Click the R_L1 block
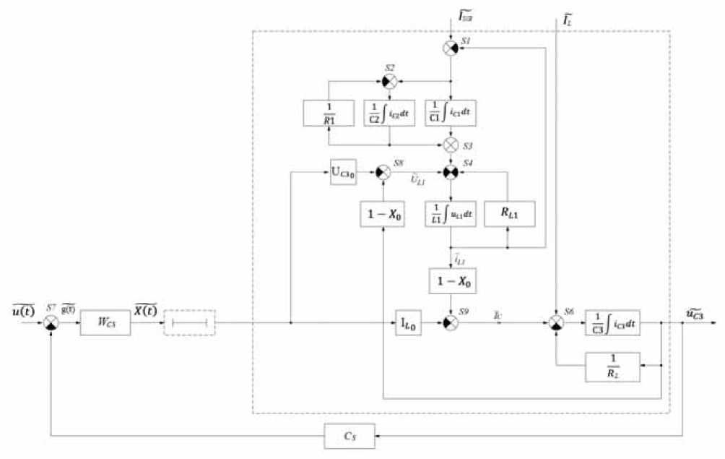[509, 213]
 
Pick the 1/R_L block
[612, 366]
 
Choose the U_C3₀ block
[343, 173]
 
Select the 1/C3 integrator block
[612, 322]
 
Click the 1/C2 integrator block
[390, 113]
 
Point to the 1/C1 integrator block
[451, 113]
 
